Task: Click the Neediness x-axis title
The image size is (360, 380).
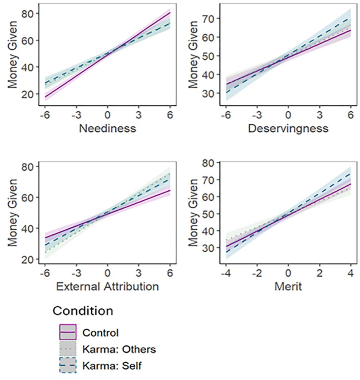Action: (107, 128)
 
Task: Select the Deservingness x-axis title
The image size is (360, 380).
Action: (288, 128)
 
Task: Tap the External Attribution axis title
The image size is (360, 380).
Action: (107, 287)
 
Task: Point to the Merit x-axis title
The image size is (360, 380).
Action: (288, 287)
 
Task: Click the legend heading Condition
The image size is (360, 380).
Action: (83, 311)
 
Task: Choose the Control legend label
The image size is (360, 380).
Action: (100, 333)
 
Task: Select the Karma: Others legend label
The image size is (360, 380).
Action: (119, 349)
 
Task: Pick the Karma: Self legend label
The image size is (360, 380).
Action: (112, 366)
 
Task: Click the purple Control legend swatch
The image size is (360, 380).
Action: (68, 332)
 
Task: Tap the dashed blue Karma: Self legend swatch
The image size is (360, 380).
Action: (68, 365)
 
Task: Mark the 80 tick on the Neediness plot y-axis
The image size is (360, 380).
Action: (27, 14)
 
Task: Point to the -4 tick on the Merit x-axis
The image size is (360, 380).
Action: (226, 273)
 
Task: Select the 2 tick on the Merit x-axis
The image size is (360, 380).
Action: (320, 273)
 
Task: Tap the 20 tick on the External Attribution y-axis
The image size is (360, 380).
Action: (27, 259)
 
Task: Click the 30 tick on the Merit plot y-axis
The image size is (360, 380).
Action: (208, 248)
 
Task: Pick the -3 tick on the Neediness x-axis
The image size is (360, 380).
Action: (76, 115)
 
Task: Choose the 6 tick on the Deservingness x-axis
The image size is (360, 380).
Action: (351, 115)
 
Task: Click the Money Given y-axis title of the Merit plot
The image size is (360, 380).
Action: (193, 213)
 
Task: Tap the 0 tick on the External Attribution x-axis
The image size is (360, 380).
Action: (107, 273)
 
